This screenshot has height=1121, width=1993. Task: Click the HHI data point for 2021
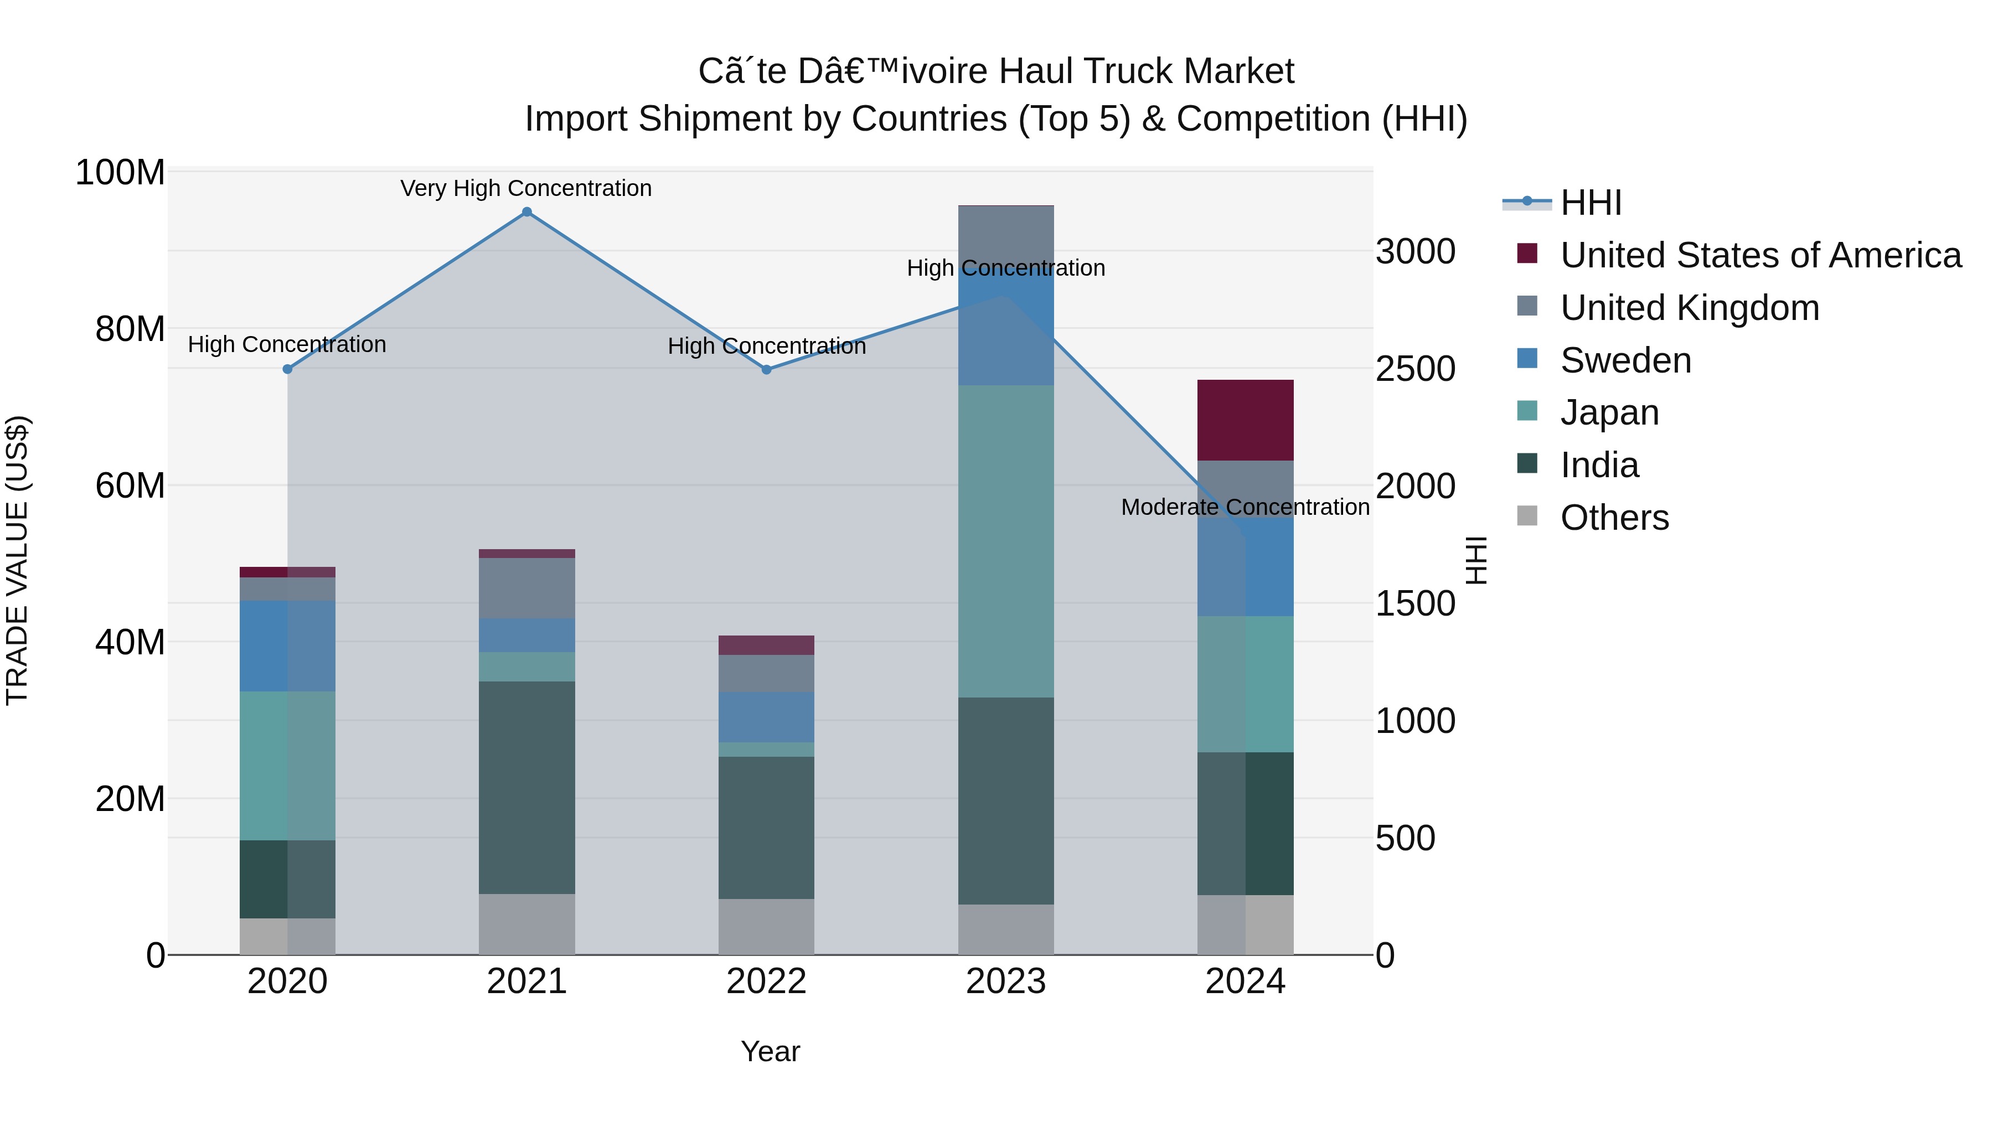coord(527,212)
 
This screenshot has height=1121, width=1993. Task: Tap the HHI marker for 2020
coord(288,369)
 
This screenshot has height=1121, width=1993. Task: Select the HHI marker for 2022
coord(767,370)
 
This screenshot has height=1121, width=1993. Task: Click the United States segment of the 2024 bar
coord(1246,420)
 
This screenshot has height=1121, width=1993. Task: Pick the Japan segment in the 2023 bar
coord(1006,541)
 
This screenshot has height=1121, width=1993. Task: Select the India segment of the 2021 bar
coord(527,788)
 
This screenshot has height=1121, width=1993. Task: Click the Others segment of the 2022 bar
coord(767,926)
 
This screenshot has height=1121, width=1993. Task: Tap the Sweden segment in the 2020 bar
coord(288,646)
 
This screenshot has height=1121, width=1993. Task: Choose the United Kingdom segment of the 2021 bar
coord(527,588)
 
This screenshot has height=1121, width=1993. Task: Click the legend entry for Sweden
coord(1625,360)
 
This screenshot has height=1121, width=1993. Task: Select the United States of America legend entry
coord(1760,255)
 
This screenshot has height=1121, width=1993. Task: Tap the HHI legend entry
coord(1591,203)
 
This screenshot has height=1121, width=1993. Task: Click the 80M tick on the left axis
coord(130,329)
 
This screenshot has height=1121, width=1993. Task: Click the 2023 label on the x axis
coord(1006,981)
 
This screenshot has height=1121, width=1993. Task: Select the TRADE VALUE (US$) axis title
coord(17,561)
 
